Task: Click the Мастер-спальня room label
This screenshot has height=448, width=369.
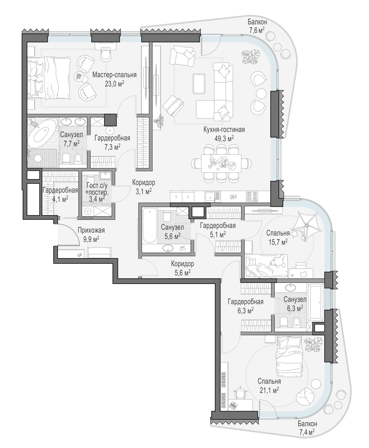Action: [114, 75]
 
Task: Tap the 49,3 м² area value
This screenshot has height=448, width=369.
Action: [224, 139]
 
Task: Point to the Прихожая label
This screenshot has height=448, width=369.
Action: [91, 230]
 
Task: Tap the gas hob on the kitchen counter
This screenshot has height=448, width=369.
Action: [252, 197]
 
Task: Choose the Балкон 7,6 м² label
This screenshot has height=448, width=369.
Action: [257, 26]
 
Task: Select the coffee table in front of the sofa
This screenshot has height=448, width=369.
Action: [199, 84]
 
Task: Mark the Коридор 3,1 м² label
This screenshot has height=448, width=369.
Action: [144, 187]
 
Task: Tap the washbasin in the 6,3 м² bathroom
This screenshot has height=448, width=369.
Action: [290, 288]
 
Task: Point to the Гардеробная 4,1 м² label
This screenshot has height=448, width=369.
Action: [60, 194]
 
